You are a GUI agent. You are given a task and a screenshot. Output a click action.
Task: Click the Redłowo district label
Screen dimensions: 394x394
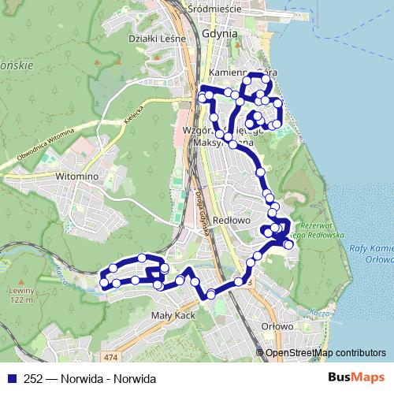pos(232,221)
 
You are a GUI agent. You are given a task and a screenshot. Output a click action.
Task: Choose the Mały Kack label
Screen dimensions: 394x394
pos(173,314)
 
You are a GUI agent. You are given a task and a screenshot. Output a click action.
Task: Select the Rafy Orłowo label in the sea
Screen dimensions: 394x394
pos(371,253)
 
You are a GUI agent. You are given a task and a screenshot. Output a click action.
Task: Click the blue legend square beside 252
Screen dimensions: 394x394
pos(11,378)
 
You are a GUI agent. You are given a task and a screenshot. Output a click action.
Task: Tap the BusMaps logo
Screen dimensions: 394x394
pos(355,378)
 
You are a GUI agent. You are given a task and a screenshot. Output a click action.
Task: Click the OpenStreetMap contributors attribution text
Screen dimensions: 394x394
pos(325,352)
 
